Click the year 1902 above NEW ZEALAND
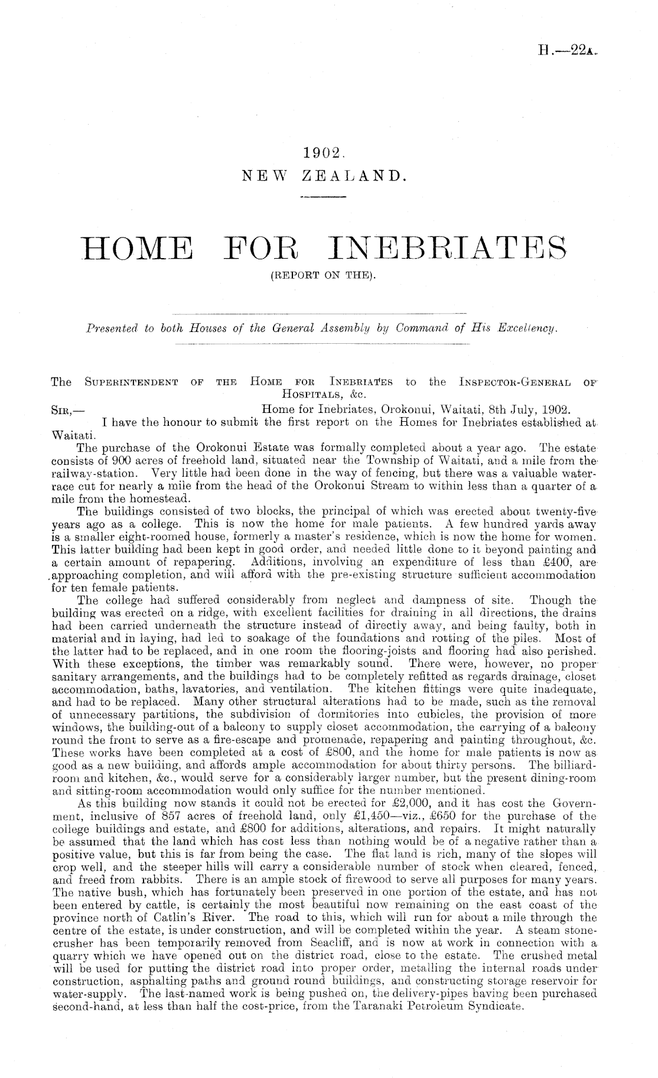point(323,152)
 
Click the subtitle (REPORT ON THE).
point(323,274)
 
